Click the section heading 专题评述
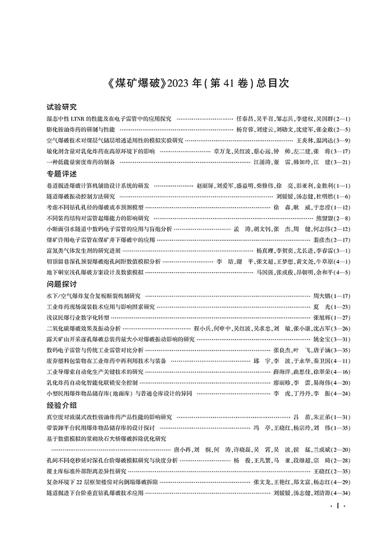(x=61, y=174)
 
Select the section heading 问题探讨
(x=61, y=284)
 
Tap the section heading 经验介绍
(x=61, y=405)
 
